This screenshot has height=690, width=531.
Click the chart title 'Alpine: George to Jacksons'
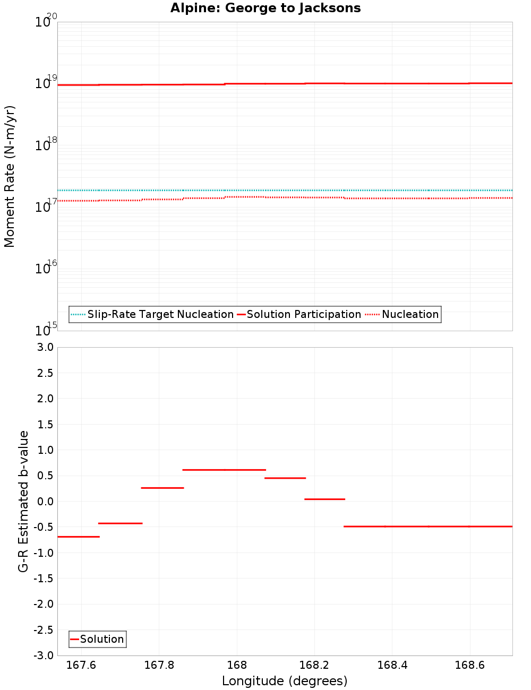(265, 8)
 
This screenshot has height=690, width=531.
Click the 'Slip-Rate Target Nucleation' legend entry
(160, 314)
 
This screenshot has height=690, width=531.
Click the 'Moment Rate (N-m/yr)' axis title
(10, 176)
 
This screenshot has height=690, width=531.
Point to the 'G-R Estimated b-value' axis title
(23, 501)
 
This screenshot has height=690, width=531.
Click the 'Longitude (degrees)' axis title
(285, 681)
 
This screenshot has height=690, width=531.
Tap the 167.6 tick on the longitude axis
(81, 665)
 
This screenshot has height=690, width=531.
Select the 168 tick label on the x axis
(237, 665)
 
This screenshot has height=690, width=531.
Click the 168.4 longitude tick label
(392, 665)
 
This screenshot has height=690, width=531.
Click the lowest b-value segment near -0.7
(78, 537)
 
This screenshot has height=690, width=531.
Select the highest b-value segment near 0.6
(224, 470)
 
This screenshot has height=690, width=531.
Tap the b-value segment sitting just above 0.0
(324, 499)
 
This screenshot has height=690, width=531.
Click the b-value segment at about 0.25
(162, 488)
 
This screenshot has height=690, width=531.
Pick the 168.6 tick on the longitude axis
(469, 665)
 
